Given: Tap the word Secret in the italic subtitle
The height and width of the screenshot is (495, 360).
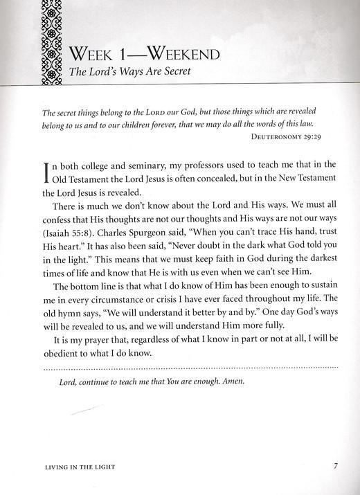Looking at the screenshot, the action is (x=181, y=72).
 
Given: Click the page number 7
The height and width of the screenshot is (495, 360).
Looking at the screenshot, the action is (x=335, y=465).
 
